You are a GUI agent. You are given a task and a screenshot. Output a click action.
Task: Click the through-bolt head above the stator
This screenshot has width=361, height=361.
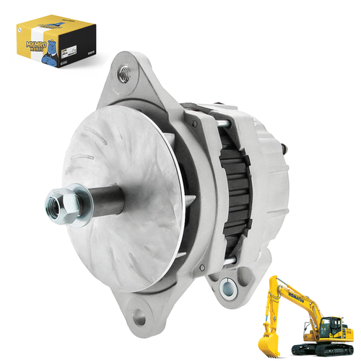click(223, 120)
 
